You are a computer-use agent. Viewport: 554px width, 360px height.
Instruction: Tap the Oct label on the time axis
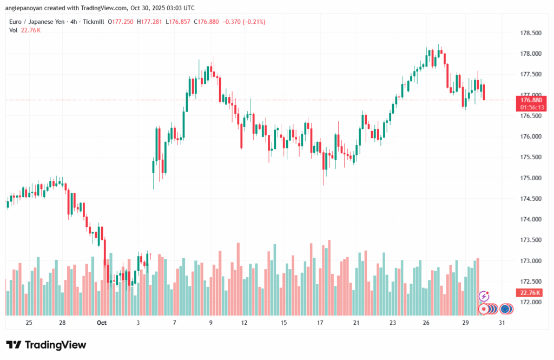coord(102,323)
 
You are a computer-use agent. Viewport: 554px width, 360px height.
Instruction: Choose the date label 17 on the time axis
coord(320,323)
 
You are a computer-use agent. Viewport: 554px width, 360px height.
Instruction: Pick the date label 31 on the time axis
coord(503,323)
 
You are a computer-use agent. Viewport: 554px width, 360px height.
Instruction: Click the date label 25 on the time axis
coord(29,323)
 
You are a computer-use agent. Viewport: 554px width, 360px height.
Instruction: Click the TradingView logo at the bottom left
coord(46,345)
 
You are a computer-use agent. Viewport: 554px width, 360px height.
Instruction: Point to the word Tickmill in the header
coord(93,22)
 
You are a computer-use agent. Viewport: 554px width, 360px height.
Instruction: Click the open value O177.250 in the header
coord(121,22)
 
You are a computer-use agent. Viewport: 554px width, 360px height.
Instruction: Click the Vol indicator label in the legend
coord(14,30)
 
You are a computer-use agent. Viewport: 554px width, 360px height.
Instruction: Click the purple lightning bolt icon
coord(484,296)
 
